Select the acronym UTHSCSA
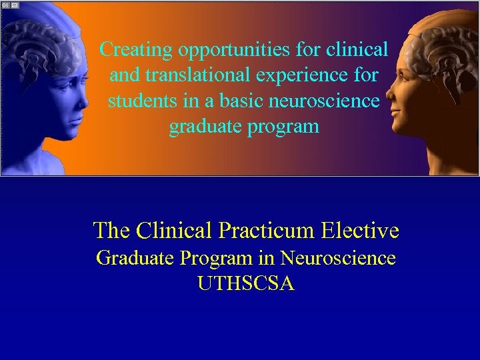point(246,284)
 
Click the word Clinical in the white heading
point(173,231)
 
